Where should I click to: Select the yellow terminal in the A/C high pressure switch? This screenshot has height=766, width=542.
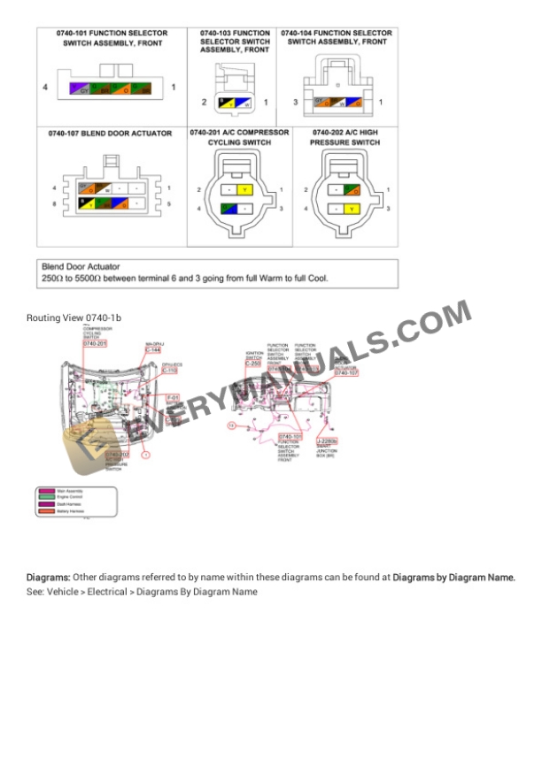[352, 210]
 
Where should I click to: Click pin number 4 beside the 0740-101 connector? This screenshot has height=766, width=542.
[44, 88]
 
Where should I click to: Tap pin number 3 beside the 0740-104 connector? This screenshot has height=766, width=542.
[296, 102]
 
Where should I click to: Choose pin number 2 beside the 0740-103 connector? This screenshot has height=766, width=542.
[204, 103]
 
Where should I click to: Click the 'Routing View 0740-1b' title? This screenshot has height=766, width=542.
[74, 317]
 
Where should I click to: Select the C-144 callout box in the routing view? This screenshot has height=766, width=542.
[151, 350]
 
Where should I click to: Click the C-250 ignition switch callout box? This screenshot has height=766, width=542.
[252, 363]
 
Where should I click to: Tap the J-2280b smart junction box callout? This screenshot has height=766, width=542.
[327, 440]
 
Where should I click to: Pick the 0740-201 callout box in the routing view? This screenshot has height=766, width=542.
[95, 343]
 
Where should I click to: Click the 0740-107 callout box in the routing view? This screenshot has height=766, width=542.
[346, 373]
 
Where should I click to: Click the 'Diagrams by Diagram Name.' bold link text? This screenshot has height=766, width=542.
[454, 578]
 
